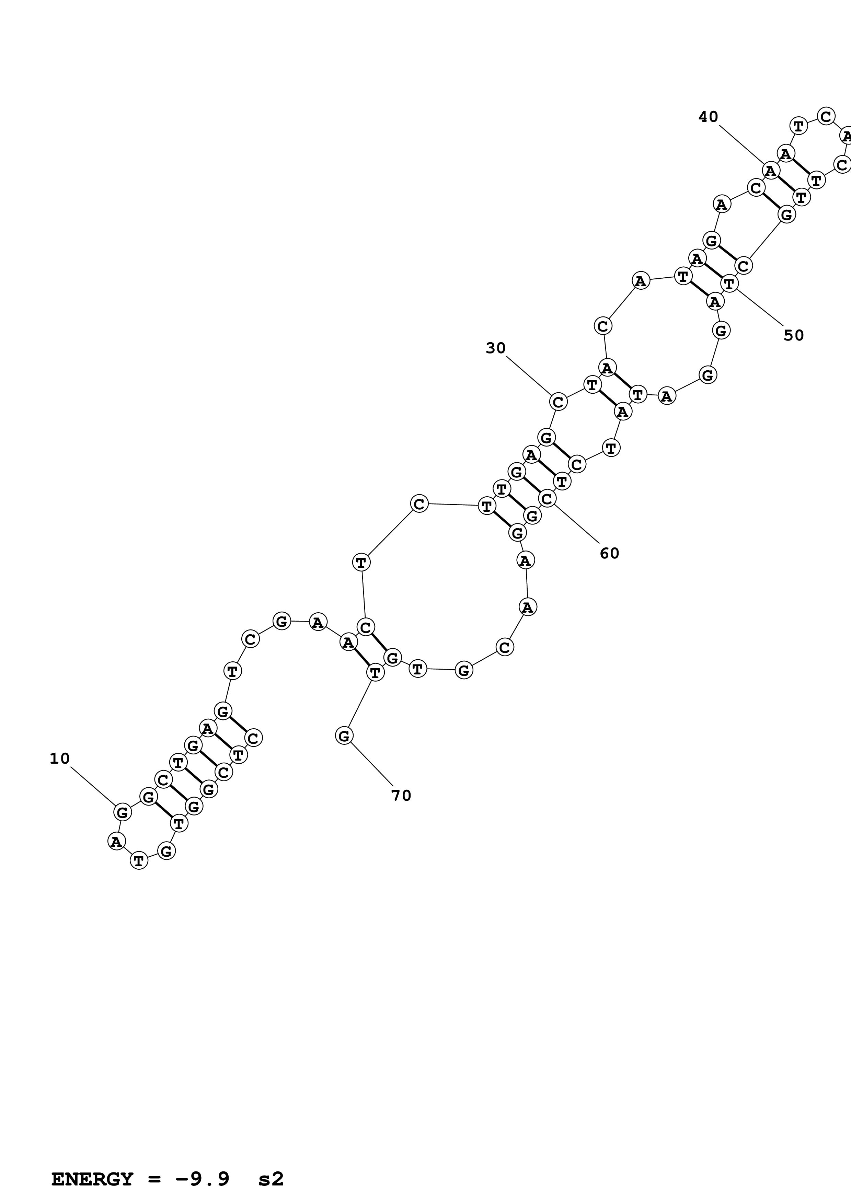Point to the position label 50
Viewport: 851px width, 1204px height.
coord(793,335)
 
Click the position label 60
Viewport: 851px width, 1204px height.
coord(609,553)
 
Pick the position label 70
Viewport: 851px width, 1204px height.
coord(401,796)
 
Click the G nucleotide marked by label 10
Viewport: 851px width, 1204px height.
coord(122,812)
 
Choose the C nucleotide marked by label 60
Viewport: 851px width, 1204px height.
coord(547,499)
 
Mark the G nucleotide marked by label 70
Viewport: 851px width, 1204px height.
coord(344,736)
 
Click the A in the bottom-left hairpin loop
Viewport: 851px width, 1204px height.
coord(116,842)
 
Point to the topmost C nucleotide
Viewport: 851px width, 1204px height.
coord(826,116)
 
